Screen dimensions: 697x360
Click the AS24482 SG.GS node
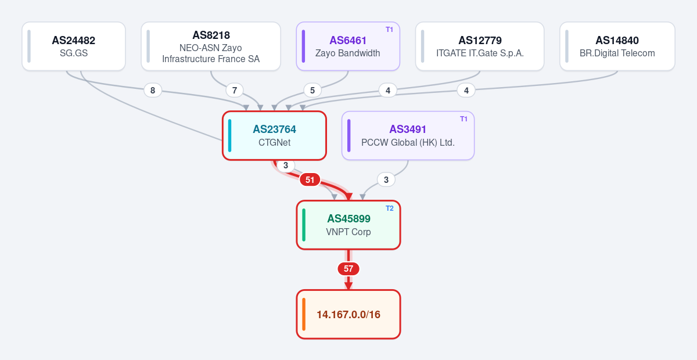[74, 46]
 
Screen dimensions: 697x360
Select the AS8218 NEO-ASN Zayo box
[211, 46]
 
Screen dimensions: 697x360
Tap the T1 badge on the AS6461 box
[389, 30]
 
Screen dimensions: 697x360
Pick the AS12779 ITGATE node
[480, 46]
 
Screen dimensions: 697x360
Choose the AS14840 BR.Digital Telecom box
[617, 46]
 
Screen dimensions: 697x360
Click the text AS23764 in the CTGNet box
[274, 129]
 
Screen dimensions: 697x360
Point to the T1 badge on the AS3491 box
[464, 119]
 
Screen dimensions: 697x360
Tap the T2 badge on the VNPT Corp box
[390, 208]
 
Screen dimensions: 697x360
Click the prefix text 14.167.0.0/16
[348, 315]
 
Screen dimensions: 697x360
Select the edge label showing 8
[153, 91]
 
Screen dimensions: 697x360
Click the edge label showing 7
[235, 91]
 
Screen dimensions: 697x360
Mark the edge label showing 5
[312, 91]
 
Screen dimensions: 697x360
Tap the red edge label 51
[310, 180]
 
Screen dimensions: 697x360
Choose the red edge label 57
[348, 269]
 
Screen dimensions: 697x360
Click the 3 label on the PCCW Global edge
[386, 180]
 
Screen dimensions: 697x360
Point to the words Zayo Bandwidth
[347, 53]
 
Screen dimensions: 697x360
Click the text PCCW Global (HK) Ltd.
[408, 142]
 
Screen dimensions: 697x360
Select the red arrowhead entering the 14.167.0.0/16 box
[348, 286]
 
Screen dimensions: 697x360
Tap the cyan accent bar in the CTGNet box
[229, 136]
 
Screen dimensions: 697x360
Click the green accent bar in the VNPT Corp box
[304, 225]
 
